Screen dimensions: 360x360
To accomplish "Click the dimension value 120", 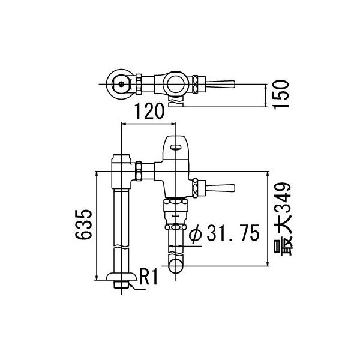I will [x=148, y=111].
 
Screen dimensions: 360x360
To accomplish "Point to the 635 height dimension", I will [x=85, y=224].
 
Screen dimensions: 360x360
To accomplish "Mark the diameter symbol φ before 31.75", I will [x=194, y=235].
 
